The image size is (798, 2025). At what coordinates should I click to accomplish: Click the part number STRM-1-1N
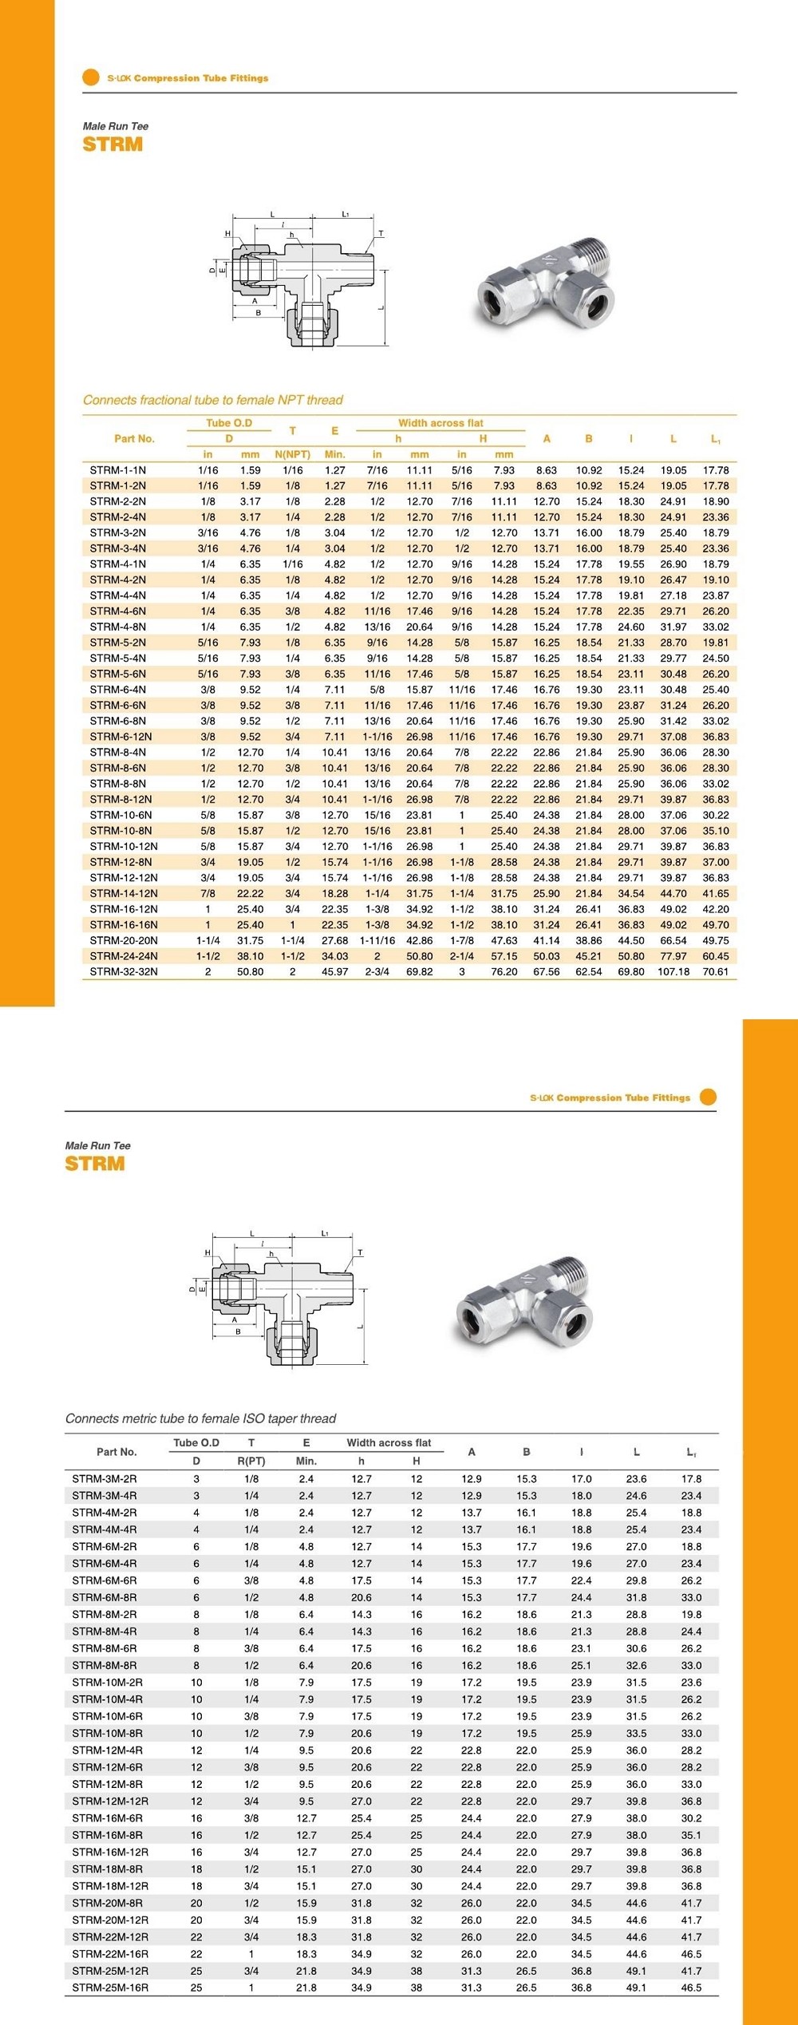[117, 470]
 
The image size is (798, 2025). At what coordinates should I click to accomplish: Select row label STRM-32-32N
[124, 971]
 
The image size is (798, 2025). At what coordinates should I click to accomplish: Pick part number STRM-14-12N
[124, 893]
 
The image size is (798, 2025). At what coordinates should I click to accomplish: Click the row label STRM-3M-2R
[104, 1479]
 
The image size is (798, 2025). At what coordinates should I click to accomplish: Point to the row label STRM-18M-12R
[110, 1886]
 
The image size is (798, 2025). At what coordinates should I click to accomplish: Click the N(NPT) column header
[292, 454]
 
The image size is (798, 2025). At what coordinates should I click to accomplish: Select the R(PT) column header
[251, 1461]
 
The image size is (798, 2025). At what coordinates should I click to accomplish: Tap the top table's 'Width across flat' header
[440, 423]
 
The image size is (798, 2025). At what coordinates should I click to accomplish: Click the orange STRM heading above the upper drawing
[113, 144]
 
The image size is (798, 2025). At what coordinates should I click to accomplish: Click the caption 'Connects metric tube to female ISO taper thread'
[200, 1418]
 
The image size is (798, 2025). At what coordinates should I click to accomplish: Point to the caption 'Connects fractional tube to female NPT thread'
[212, 400]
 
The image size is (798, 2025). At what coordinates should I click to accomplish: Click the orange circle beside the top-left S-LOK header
[90, 77]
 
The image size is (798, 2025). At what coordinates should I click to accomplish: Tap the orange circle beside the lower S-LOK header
[707, 1097]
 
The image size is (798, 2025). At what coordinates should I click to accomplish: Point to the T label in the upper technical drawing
[381, 233]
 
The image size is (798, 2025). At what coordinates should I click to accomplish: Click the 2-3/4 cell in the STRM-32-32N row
[377, 971]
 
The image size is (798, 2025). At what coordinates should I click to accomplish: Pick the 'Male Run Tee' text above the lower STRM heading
[97, 1145]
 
